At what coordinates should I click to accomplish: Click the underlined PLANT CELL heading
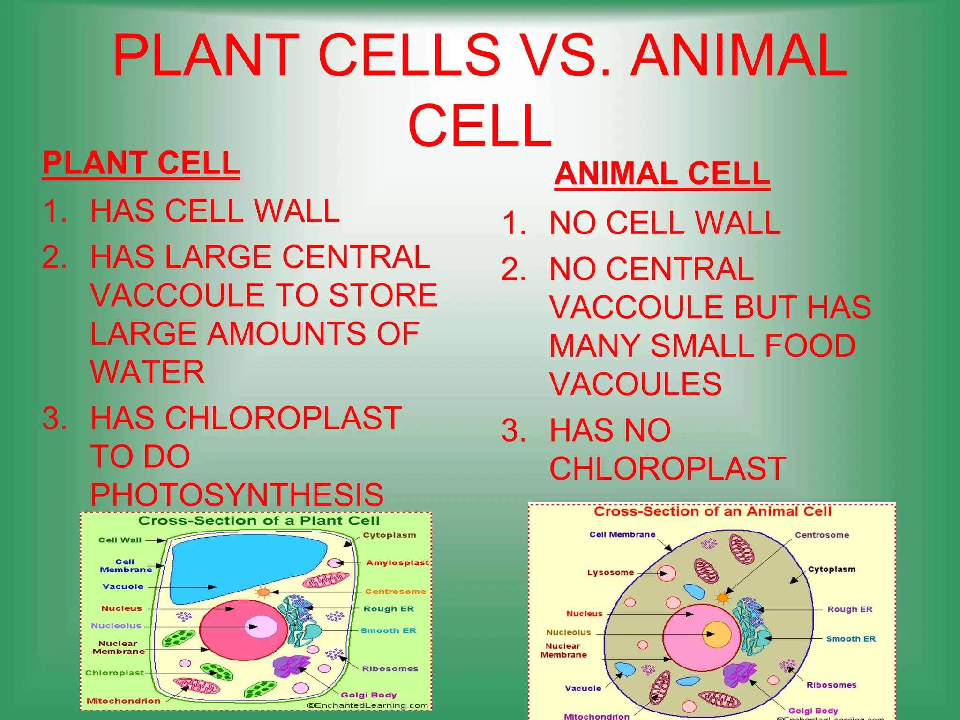[x=141, y=163]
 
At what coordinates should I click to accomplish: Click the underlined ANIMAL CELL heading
[x=662, y=174]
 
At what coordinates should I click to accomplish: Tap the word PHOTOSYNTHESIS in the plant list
[x=237, y=495]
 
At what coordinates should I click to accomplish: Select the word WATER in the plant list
[x=148, y=372]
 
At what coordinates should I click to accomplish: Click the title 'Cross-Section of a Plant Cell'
[x=259, y=521]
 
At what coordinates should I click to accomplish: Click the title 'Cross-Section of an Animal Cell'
[x=712, y=511]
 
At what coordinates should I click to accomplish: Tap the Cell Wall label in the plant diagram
[x=120, y=540]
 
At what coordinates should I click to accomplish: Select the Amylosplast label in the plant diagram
[x=397, y=562]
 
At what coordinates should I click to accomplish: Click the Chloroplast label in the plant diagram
[x=114, y=673]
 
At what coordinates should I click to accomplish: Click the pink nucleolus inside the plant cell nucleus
[x=261, y=627]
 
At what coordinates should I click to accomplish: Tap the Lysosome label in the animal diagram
[x=610, y=572]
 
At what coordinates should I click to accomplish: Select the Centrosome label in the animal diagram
[x=822, y=535]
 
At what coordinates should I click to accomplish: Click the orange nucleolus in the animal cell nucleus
[x=717, y=635]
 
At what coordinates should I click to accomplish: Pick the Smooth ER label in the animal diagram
[x=851, y=639]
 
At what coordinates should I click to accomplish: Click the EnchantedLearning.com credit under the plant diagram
[x=367, y=705]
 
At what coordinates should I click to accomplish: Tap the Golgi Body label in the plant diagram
[x=368, y=695]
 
